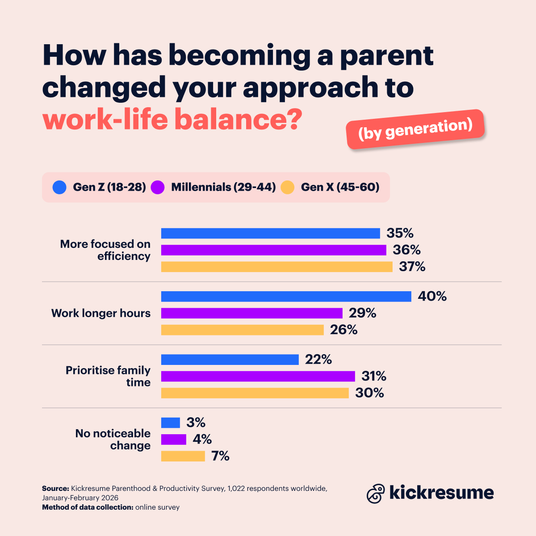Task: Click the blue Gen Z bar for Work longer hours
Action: point(286,297)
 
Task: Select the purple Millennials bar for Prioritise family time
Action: point(258,376)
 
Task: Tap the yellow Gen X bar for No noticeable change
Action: point(183,456)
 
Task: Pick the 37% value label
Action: point(412,267)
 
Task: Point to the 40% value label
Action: point(432,297)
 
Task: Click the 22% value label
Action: point(318,360)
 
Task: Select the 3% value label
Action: point(196,423)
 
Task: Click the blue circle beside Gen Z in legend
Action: point(59,187)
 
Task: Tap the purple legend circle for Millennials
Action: point(158,187)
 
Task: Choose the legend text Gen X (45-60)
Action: point(340,187)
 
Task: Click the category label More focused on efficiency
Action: point(105,250)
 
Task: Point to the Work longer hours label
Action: point(101,313)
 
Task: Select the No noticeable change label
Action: point(113,440)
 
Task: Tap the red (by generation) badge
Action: point(415,129)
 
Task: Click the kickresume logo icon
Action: point(376,493)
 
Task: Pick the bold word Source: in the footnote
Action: point(55,489)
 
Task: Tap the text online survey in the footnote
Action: point(157,507)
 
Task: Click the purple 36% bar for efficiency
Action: point(273,250)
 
